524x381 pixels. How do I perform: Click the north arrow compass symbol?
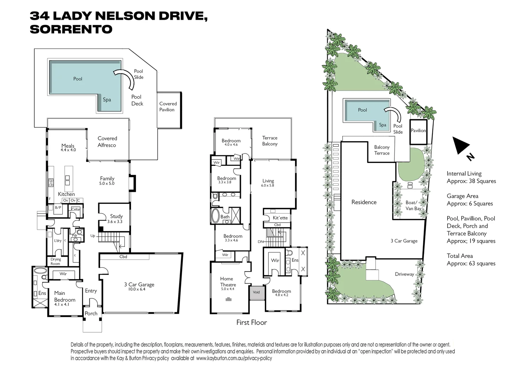pyautogui.click(x=461, y=146)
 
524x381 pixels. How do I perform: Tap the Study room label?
pyautogui.click(x=116, y=216)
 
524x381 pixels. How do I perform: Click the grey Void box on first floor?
pyautogui.click(x=256, y=292)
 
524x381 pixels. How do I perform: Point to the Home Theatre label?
pyautogui.click(x=228, y=282)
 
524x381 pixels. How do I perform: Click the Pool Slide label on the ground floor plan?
pyautogui.click(x=138, y=74)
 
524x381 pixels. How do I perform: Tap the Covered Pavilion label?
pyautogui.click(x=168, y=107)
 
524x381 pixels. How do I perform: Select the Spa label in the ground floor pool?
pyautogui.click(x=107, y=100)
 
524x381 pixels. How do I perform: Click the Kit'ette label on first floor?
pyautogui.click(x=280, y=218)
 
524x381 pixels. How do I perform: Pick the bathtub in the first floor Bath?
pyautogui.click(x=215, y=216)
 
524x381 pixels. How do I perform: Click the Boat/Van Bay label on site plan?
pyautogui.click(x=413, y=205)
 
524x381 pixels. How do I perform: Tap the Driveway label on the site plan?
pyautogui.click(x=404, y=274)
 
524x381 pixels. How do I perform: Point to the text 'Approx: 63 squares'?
pyautogui.click(x=471, y=264)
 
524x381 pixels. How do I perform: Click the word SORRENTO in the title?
pyautogui.click(x=71, y=29)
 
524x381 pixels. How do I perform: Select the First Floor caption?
pyautogui.click(x=251, y=322)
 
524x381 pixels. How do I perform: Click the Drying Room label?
pyautogui.click(x=55, y=261)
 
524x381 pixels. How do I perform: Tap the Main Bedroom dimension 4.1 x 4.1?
pyautogui.click(x=62, y=304)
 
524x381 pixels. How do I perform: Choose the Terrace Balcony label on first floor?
pyautogui.click(x=270, y=141)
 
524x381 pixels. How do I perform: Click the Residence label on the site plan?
pyautogui.click(x=364, y=202)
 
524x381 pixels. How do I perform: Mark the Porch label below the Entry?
pyautogui.click(x=91, y=313)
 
